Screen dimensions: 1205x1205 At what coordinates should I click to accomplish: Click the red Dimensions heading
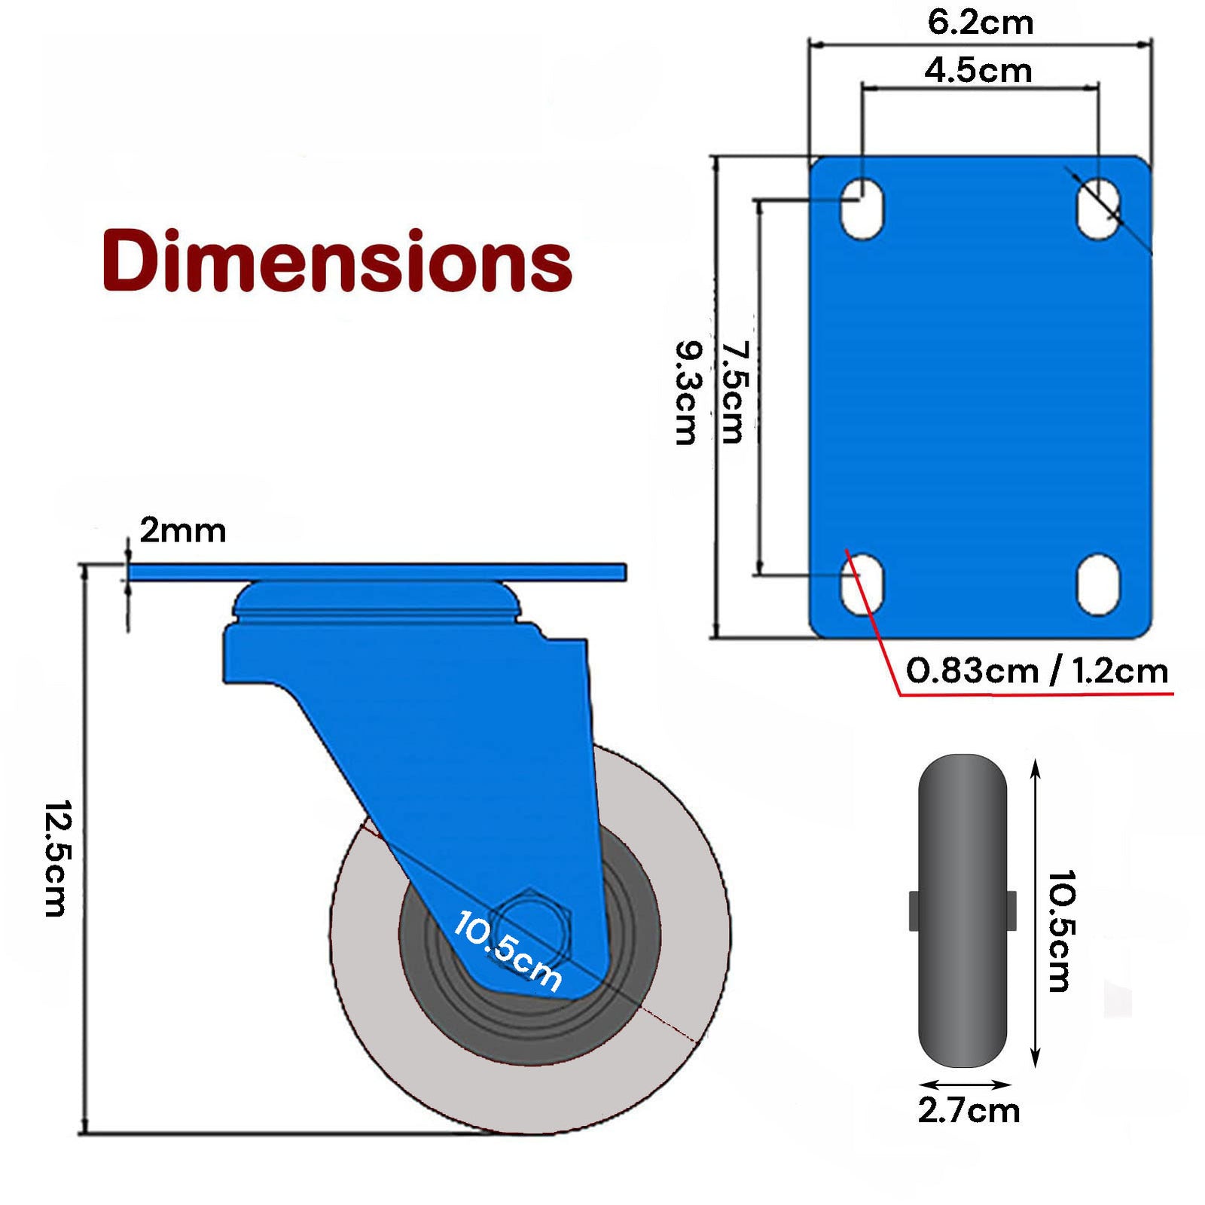(x=337, y=261)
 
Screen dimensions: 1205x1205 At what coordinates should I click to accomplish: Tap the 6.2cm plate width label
(x=980, y=23)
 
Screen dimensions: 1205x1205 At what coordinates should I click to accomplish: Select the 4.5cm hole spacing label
(x=978, y=71)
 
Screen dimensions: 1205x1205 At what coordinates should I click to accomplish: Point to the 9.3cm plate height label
(x=688, y=392)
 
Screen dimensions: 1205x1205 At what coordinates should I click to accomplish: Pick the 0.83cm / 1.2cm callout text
(x=1036, y=670)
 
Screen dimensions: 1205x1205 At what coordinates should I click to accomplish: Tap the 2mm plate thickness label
(x=182, y=531)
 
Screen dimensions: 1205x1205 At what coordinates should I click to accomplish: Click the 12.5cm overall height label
(x=57, y=858)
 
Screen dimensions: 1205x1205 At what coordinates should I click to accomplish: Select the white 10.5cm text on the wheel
(x=507, y=950)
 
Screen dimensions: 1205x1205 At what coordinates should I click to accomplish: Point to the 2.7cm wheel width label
(x=969, y=1110)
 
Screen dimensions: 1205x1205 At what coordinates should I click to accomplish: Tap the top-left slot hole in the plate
(x=862, y=209)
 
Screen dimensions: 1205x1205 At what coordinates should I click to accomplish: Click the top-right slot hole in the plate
(x=1097, y=209)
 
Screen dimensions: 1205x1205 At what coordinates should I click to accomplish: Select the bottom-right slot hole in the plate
(x=1097, y=584)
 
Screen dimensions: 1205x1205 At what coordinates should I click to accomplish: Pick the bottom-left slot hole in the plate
(x=862, y=584)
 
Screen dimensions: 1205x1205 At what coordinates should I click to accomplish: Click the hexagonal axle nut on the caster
(x=532, y=923)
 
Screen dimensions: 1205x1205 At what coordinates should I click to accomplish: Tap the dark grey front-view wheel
(x=962, y=911)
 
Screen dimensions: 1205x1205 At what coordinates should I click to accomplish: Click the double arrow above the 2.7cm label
(x=965, y=1085)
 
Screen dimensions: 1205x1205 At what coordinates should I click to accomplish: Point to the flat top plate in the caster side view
(x=377, y=572)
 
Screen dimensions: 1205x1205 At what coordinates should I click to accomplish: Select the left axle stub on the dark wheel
(x=914, y=911)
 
